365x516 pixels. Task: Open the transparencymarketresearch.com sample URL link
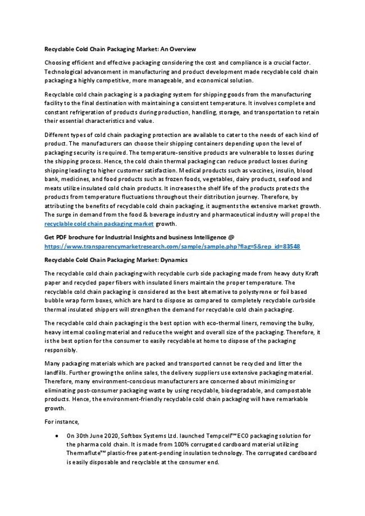point(172,246)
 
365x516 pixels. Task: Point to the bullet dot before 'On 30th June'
point(60,435)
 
